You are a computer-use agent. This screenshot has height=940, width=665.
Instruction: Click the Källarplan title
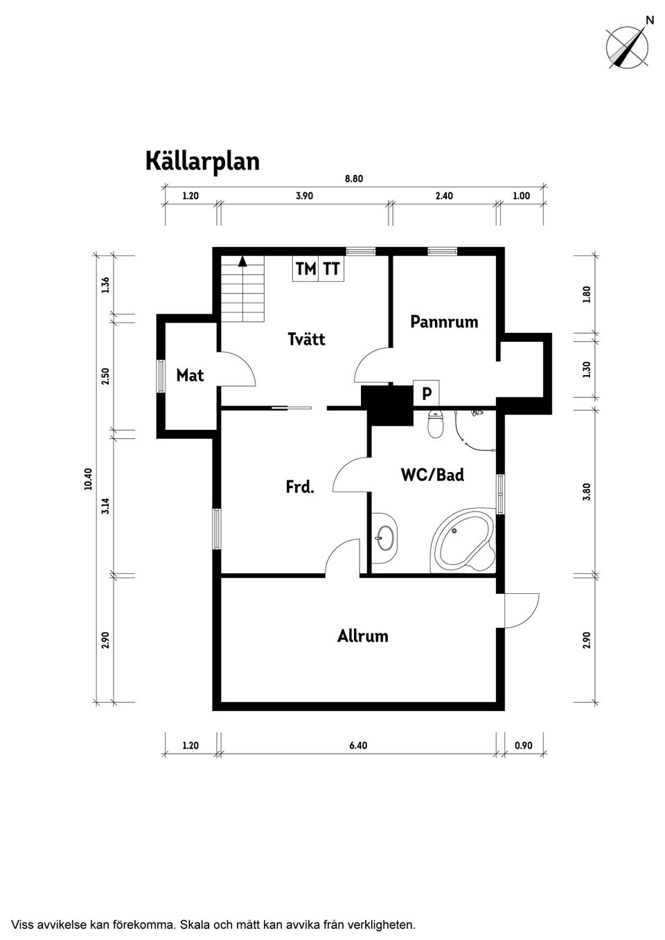(x=202, y=161)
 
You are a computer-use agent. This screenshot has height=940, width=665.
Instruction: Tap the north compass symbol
(x=627, y=47)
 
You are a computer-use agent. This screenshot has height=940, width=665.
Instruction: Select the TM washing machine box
(x=305, y=269)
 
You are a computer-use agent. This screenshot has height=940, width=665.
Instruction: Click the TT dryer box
(x=332, y=269)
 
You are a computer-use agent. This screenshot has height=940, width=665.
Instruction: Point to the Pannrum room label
(x=444, y=322)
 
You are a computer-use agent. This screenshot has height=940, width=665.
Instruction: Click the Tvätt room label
(x=306, y=339)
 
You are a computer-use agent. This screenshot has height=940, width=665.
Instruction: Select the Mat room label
(x=190, y=375)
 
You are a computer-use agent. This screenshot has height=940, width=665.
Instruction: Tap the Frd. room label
(x=300, y=487)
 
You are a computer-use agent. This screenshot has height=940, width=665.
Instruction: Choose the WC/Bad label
(x=432, y=475)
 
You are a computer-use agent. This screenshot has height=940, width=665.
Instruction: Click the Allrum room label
(x=362, y=636)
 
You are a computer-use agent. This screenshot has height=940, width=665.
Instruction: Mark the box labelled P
(x=427, y=393)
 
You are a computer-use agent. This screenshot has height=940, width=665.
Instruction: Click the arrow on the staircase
(x=242, y=262)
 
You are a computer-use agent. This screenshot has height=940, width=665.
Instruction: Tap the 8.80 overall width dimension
(x=354, y=179)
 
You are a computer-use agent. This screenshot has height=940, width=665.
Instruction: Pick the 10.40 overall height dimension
(x=88, y=479)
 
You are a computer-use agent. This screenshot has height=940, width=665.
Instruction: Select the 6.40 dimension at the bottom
(x=358, y=745)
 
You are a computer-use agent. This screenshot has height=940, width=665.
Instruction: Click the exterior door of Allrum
(x=521, y=611)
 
